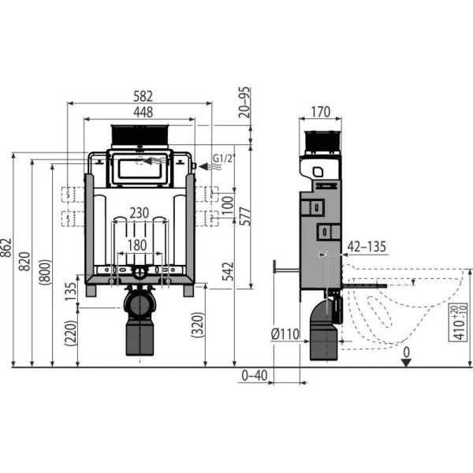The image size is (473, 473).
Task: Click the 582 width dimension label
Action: [143, 96]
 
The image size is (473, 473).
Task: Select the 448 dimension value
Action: [143, 112]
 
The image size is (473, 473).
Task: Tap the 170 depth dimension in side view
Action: [320, 112]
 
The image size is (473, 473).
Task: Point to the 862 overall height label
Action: [6, 248]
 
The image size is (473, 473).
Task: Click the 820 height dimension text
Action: [24, 261]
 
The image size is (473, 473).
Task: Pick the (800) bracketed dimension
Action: [45, 271]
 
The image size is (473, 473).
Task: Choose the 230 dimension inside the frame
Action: [139, 214]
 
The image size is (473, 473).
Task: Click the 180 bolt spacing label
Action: [137, 245]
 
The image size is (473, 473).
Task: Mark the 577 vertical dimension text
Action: [245, 216]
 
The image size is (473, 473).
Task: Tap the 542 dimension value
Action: [228, 271]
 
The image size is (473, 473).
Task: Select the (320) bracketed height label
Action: [198, 325]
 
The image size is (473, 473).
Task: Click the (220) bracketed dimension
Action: [71, 333]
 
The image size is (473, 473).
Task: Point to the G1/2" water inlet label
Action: [224, 158]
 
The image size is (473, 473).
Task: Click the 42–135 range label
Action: [367, 247]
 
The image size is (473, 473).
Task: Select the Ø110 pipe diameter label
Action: [285, 333]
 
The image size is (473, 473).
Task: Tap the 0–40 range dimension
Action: [255, 375]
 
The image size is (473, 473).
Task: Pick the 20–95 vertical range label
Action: [245, 102]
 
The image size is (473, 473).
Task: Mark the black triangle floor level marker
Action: [407, 363]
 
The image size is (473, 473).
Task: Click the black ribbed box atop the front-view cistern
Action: [140, 135]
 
